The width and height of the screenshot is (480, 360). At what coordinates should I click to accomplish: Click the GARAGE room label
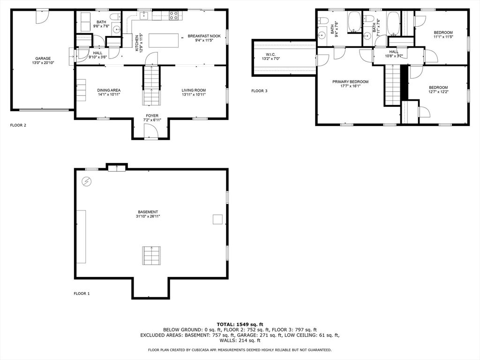43,59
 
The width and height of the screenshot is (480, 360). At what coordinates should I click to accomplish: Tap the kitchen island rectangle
164,40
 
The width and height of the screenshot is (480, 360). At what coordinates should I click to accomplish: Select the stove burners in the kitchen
173,15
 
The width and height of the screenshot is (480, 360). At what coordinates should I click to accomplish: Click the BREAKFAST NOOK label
204,36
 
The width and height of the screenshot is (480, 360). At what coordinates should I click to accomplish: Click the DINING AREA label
109,90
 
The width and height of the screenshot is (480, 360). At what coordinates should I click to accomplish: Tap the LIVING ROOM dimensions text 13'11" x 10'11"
194,95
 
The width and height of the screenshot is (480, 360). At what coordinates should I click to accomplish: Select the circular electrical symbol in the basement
87,182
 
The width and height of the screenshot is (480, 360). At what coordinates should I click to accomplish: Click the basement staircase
151,255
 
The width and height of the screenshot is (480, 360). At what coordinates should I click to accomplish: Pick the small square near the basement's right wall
217,219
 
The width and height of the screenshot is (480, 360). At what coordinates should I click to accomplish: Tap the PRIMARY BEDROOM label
350,82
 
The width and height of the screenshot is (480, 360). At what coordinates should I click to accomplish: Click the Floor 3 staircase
393,85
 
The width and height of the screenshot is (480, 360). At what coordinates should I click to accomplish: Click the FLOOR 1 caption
82,293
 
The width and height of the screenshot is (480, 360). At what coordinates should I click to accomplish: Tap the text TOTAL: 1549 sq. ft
240,324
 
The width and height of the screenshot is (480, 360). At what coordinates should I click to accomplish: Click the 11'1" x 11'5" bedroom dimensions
443,37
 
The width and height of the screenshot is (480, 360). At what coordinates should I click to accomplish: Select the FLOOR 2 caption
18,125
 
